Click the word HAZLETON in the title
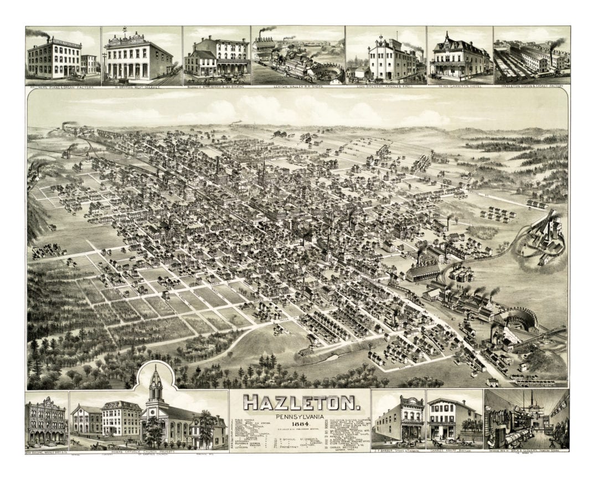click(x=300, y=402)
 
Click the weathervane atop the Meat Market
click(x=125, y=29)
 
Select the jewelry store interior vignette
click(x=526, y=420)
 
